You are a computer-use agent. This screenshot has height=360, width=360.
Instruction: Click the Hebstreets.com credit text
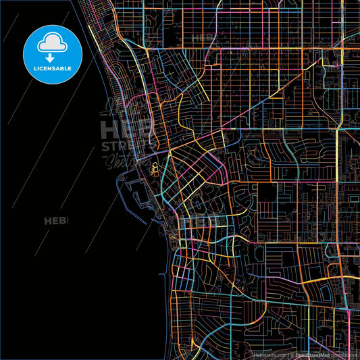click(270, 354)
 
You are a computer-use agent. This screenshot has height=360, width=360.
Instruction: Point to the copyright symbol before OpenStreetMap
click(291, 354)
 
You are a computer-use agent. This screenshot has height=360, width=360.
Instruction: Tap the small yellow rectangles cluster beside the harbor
click(153, 168)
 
